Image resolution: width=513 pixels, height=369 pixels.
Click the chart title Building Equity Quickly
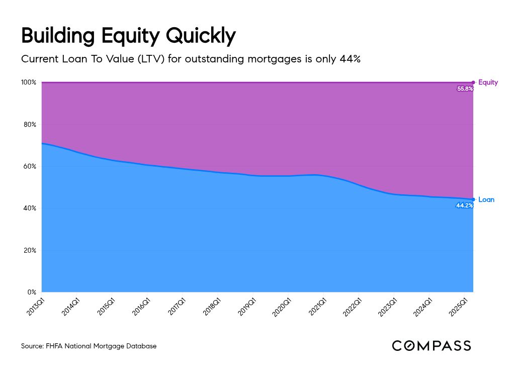pyautogui.click(x=128, y=36)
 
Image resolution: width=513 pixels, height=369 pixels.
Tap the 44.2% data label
pyautogui.click(x=465, y=205)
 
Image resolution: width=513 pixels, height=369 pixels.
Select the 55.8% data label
pyautogui.click(x=465, y=89)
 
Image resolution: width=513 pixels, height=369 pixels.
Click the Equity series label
pyautogui.click(x=488, y=82)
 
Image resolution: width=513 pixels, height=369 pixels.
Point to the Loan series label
pyautogui.click(x=486, y=199)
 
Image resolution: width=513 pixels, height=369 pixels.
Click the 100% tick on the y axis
pyautogui.click(x=29, y=82)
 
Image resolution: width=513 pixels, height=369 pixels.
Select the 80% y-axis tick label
pyautogui.click(x=30, y=124)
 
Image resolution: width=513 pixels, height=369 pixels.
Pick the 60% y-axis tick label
pyautogui.click(x=30, y=166)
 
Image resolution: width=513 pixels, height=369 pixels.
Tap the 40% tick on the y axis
pyautogui.click(x=30, y=208)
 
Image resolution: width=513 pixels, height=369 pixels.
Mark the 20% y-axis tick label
pyautogui.click(x=30, y=250)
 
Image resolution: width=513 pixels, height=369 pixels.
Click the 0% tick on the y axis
pyautogui.click(x=32, y=292)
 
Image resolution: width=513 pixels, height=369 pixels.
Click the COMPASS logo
pyautogui.click(x=432, y=346)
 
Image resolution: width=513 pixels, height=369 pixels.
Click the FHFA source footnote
pyautogui.click(x=89, y=346)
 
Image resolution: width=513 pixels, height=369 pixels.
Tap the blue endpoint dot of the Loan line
pyautogui.click(x=473, y=199)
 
